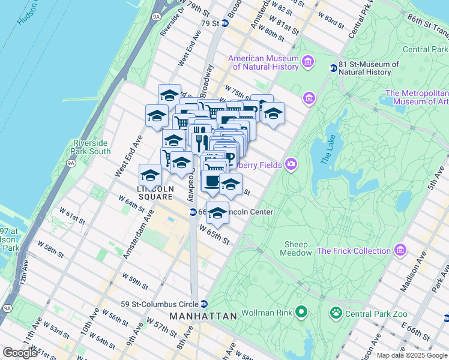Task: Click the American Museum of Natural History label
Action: pyautogui.click(x=263, y=62)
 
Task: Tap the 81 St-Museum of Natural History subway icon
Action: pyautogui.click(x=333, y=68)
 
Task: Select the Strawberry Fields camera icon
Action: pyautogui.click(x=291, y=164)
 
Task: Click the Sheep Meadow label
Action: pyautogui.click(x=295, y=248)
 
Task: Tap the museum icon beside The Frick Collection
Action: pyautogui.click(x=400, y=250)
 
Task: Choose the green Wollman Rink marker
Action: pyautogui.click(x=301, y=313)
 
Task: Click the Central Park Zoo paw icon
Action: pyautogui.click(x=334, y=313)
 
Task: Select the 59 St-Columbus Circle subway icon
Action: pyautogui.click(x=204, y=303)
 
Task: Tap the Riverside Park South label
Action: pyautogui.click(x=91, y=147)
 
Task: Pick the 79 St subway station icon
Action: pyautogui.click(x=225, y=23)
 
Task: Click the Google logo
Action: pyautogui.click(x=20, y=353)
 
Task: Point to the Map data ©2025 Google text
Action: pyautogui.click(x=412, y=355)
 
